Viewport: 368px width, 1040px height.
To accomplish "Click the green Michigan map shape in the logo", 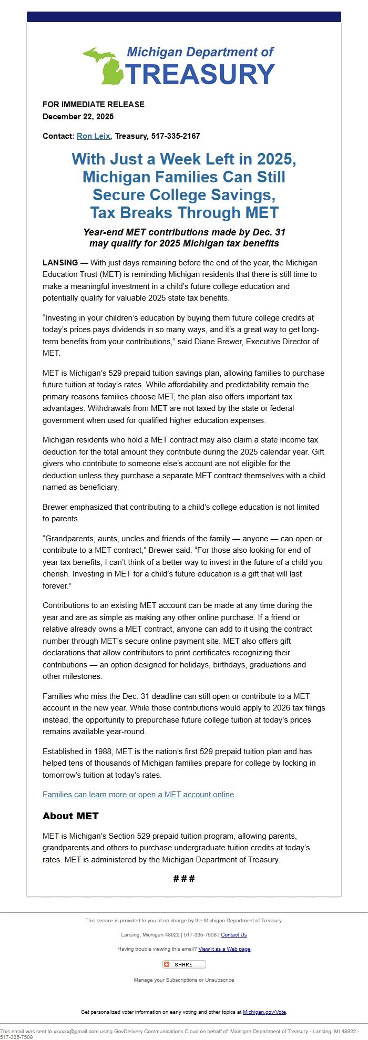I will [x=103, y=66].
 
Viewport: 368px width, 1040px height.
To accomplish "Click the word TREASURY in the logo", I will [x=200, y=74].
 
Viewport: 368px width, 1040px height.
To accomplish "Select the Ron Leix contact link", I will [x=93, y=136].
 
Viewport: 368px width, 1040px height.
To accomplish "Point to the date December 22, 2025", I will [x=78, y=117].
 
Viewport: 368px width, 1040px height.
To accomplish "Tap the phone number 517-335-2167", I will [x=176, y=136].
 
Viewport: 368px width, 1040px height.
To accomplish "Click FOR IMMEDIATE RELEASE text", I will [x=93, y=105].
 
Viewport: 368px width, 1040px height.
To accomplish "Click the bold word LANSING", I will [x=60, y=263].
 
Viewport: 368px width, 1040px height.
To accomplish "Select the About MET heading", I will [x=70, y=816].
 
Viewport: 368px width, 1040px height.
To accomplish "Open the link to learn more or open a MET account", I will [x=139, y=795].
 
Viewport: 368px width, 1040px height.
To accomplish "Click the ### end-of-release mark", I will [x=184, y=879].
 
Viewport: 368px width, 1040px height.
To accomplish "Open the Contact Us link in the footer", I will [x=233, y=935].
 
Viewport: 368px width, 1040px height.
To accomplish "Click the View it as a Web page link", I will [x=224, y=949].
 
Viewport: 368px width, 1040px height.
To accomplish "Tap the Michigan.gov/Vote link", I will [x=264, y=1012].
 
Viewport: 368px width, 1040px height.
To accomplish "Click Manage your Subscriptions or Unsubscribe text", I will [x=184, y=980].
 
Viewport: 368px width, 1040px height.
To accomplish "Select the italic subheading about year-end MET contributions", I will [x=184, y=238].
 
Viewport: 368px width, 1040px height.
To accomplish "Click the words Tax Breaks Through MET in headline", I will [x=184, y=213].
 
